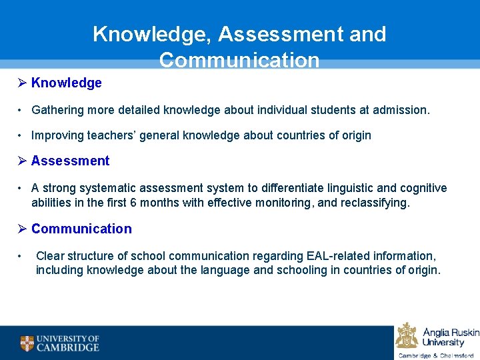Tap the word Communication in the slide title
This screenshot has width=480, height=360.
(x=239, y=61)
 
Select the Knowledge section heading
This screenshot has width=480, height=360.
(x=66, y=83)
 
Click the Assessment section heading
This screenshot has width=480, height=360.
(x=70, y=161)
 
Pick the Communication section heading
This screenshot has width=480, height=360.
(x=81, y=229)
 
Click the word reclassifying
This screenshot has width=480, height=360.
(x=373, y=202)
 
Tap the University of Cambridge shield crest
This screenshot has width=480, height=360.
(x=27, y=343)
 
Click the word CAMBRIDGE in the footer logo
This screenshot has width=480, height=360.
(x=67, y=347)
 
